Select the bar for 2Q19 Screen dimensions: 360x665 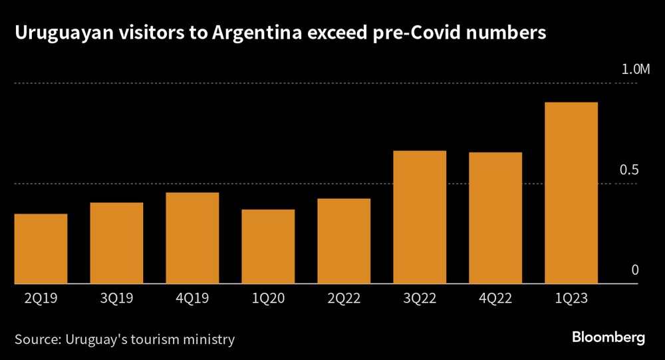pyautogui.click(x=41, y=249)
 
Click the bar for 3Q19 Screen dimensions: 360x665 pyautogui.click(x=116, y=243)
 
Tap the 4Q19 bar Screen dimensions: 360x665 pyautogui.click(x=192, y=238)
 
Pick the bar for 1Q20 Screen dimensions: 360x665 pyautogui.click(x=268, y=247)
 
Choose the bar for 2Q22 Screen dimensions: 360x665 pyautogui.click(x=344, y=241)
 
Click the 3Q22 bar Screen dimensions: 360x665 pyautogui.click(x=420, y=218)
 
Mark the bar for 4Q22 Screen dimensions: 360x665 pyautogui.click(x=495, y=218)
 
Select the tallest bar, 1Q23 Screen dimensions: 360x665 pyautogui.click(x=571, y=193)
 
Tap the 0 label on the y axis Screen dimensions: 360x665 pyautogui.click(x=634, y=270)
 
